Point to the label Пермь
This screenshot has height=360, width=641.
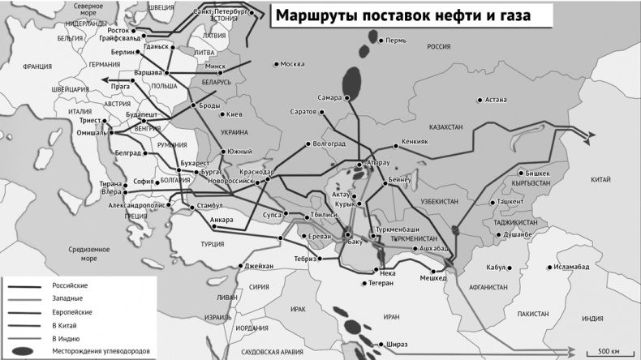tap(397, 40)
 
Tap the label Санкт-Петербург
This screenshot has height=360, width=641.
tap(222, 12)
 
